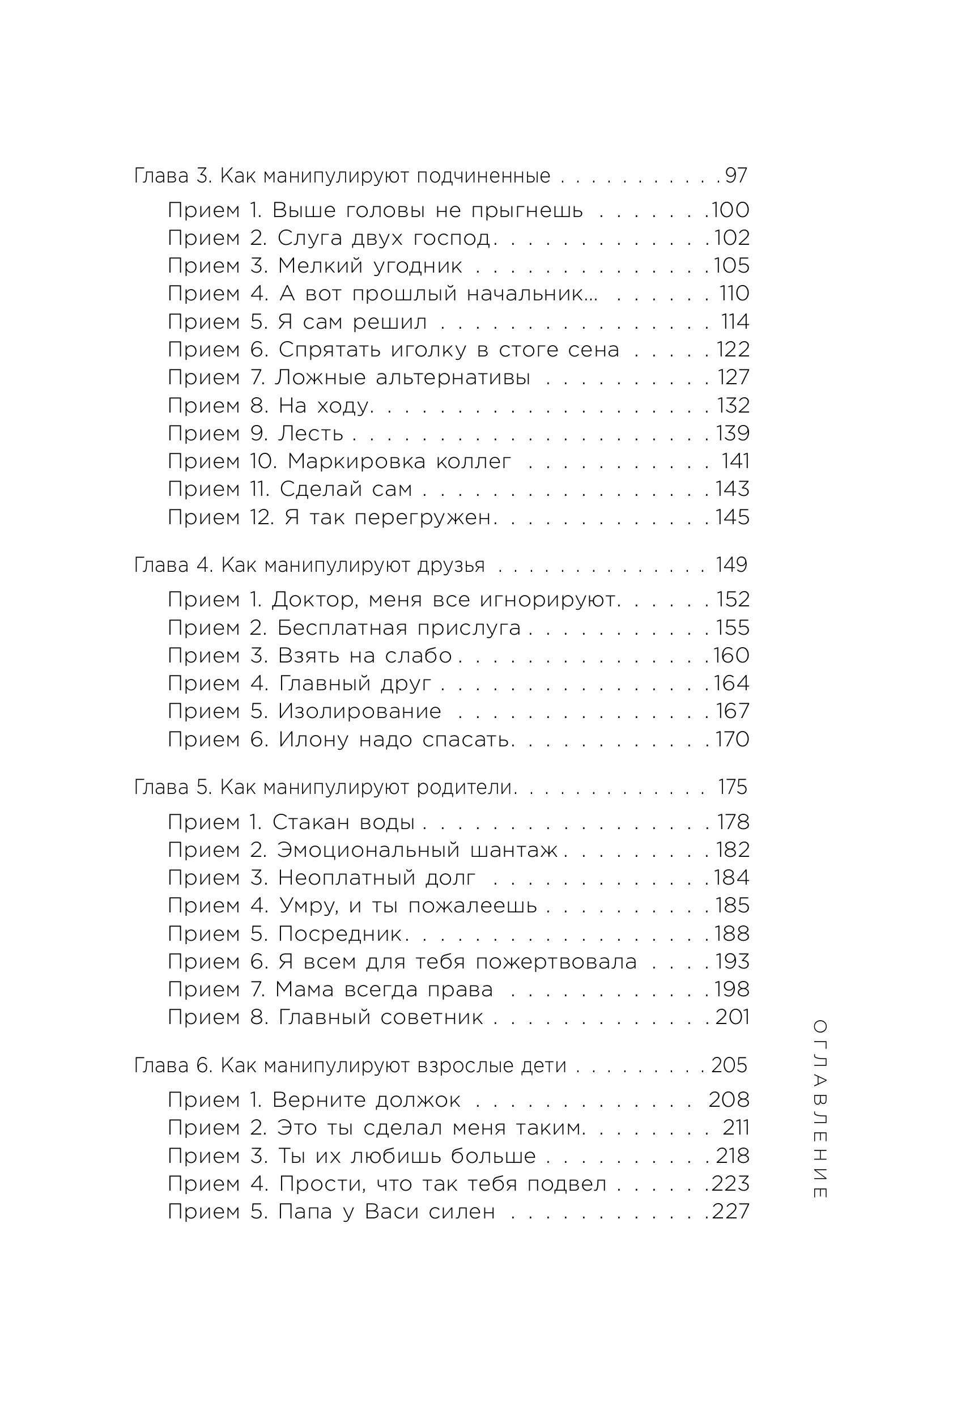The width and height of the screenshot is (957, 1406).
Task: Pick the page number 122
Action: [733, 349]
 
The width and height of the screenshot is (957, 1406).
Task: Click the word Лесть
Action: [311, 433]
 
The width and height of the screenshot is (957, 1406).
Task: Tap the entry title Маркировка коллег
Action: [399, 461]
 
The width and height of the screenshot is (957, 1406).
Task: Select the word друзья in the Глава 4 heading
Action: [451, 565]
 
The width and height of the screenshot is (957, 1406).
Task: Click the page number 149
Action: [731, 565]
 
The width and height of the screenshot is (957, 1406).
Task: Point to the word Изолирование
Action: [359, 711]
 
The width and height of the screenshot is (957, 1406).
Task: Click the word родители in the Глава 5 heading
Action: [465, 787]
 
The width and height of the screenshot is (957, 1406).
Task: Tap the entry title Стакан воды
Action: [343, 822]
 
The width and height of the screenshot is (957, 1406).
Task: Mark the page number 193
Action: [732, 961]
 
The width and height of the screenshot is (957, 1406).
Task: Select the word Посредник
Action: [340, 933]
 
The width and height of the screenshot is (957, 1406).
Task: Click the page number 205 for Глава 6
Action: [729, 1065]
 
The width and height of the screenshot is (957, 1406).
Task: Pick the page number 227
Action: [730, 1211]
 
